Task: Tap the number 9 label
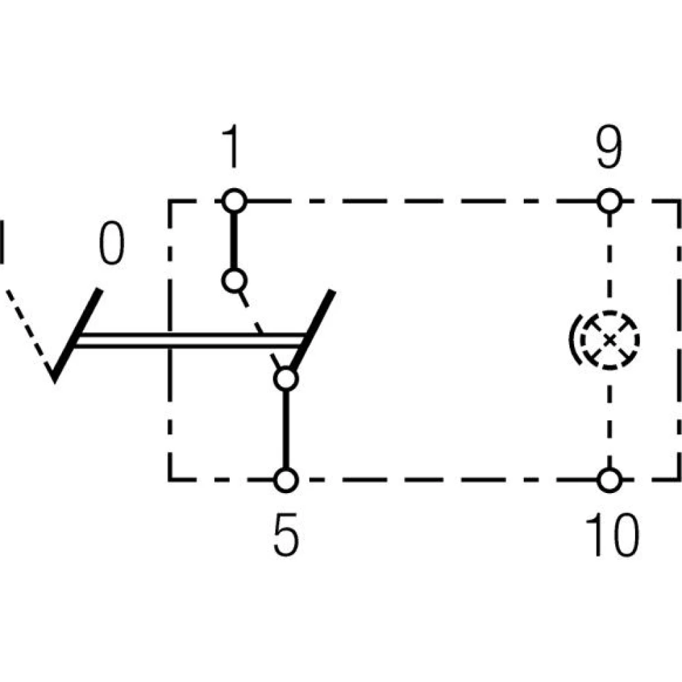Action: pyautogui.click(x=608, y=151)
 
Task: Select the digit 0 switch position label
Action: pyautogui.click(x=112, y=245)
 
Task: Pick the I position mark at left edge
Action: pyautogui.click(x=3, y=241)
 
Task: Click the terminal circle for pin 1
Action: pyautogui.click(x=234, y=201)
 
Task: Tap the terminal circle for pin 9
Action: pyautogui.click(x=609, y=201)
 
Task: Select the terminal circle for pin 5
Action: pyautogui.click(x=286, y=479)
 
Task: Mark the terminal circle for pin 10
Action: pyautogui.click(x=609, y=479)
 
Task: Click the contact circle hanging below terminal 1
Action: pyautogui.click(x=234, y=280)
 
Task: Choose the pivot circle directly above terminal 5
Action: pyautogui.click(x=286, y=379)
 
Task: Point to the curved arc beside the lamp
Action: pyautogui.click(x=573, y=339)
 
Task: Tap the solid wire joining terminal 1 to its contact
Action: pyautogui.click(x=234, y=240)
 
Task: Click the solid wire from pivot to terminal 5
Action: pyautogui.click(x=286, y=430)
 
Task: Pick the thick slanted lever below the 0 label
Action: pyautogui.click(x=77, y=334)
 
